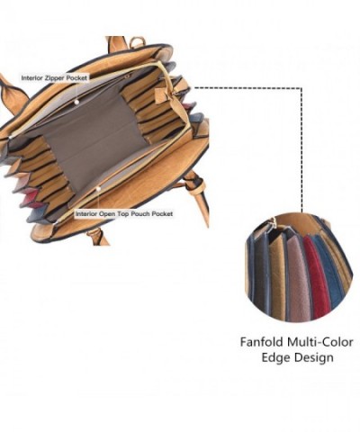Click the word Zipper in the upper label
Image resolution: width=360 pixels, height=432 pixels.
pyautogui.click(x=55, y=78)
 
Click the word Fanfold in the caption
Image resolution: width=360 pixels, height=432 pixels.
pyautogui.click(x=262, y=342)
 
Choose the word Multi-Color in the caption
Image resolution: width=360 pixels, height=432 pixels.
pyautogui.click(x=320, y=342)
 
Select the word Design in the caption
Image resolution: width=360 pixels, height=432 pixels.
pyautogui.click(x=314, y=358)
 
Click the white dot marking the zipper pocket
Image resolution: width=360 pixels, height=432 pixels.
pyautogui.click(x=77, y=103)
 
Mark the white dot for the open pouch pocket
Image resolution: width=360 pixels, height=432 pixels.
pyautogui.click(x=98, y=189)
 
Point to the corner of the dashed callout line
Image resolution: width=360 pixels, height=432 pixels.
pyautogui.click(x=301, y=88)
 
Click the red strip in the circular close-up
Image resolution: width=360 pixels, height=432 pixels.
pyautogui.click(x=315, y=276)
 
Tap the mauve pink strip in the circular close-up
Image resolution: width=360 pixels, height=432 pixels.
pyautogui.click(x=300, y=277)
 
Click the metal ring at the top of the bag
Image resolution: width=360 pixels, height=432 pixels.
pyautogui.click(x=137, y=42)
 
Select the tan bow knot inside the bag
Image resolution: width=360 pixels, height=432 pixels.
pyautogui.click(x=167, y=94)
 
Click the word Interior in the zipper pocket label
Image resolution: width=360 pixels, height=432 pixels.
pyautogui.click(x=32, y=78)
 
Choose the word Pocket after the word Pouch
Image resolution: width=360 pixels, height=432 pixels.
pyautogui.click(x=162, y=214)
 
